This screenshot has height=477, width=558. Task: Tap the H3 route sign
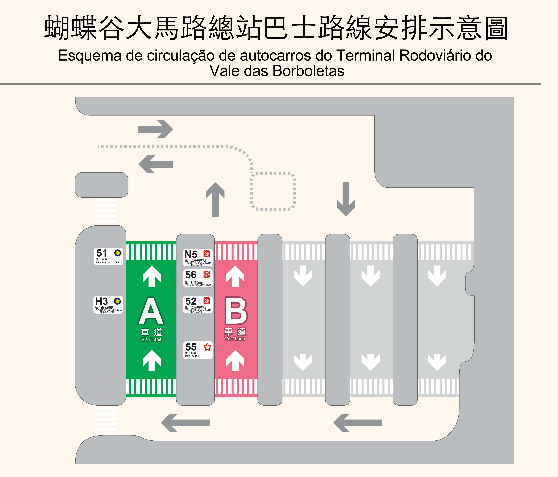tap(108, 305)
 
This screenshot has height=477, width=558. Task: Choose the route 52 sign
tap(198, 305)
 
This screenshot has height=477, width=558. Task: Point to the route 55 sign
tap(198, 350)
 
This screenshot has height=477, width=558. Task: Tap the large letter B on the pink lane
tap(236, 311)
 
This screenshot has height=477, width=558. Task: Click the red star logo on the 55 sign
tap(207, 347)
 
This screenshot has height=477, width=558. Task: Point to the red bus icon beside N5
tap(207, 254)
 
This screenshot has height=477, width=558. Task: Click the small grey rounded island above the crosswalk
tap(102, 185)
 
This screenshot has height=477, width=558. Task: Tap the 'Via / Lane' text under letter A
tap(151, 339)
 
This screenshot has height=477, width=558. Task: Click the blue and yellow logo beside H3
tap(117, 301)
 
